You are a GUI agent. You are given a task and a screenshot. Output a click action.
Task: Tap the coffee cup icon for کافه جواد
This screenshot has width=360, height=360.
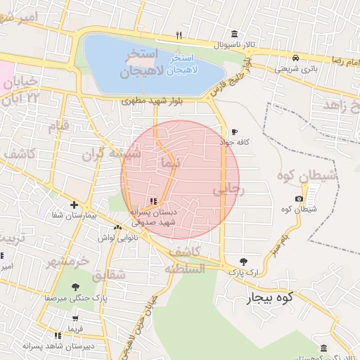point(234,132)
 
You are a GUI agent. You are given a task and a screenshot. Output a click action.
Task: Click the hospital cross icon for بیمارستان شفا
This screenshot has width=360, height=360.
point(74,205)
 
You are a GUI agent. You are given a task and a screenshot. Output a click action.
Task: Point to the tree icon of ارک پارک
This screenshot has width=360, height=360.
point(243,261)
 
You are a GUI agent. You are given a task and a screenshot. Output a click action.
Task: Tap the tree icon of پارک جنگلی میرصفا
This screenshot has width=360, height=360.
point(75,287)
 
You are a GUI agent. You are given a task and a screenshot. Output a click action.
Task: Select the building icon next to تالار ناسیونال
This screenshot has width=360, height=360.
point(234,33)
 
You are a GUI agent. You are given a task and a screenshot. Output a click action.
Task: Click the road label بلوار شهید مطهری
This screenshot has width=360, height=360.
point(152,101)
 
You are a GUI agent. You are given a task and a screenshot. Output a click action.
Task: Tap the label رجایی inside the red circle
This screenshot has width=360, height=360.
point(227,190)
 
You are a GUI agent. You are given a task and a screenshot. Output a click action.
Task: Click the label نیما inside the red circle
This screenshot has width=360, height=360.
point(171,162)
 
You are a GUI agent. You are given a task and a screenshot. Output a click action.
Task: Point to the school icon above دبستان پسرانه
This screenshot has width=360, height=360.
point(153,201)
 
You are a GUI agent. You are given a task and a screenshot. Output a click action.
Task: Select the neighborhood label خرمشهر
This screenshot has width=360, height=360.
point(68,262)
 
